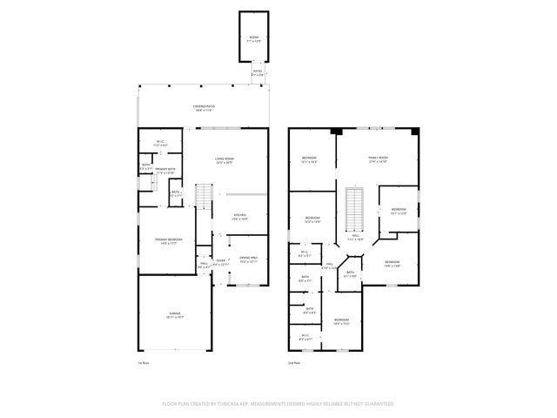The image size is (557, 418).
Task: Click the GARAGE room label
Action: (174, 316)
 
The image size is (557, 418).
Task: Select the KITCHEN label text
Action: (239, 217)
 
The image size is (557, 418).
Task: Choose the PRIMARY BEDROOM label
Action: (168, 241)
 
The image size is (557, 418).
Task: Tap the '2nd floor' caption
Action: (295, 362)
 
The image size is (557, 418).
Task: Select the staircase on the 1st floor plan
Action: (203, 199)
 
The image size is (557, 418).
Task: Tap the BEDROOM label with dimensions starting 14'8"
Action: (392, 263)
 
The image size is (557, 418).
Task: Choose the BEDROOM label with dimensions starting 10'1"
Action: (398, 211)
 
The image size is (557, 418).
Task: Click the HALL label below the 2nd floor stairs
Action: (355, 236)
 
